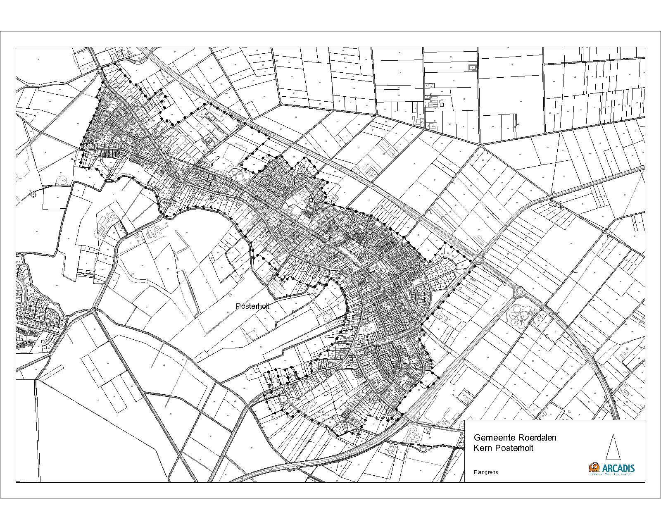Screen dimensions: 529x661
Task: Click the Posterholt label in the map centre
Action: [x=252, y=306]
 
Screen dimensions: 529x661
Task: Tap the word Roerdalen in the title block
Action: [x=528, y=438]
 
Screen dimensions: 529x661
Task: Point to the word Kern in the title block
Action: [x=482, y=448]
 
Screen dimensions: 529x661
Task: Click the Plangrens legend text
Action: [x=486, y=472]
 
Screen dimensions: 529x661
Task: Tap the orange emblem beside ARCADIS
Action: [x=594, y=467]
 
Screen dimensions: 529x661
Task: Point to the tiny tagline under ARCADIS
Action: [x=611, y=474]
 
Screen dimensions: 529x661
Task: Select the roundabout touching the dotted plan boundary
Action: [x=479, y=259]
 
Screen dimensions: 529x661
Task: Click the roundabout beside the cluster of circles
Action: [x=519, y=292]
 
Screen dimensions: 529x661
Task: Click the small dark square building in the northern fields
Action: [x=471, y=67]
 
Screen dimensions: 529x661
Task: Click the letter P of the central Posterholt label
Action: [x=238, y=306]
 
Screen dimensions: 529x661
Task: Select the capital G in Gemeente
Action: [x=477, y=438]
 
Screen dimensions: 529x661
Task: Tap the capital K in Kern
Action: [x=476, y=448]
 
